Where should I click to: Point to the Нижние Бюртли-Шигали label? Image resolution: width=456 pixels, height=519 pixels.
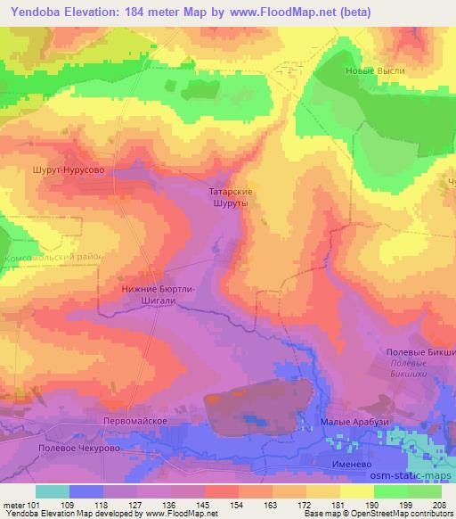tap(157, 295)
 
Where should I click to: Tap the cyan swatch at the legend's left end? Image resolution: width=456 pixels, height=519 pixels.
tap(53, 491)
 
